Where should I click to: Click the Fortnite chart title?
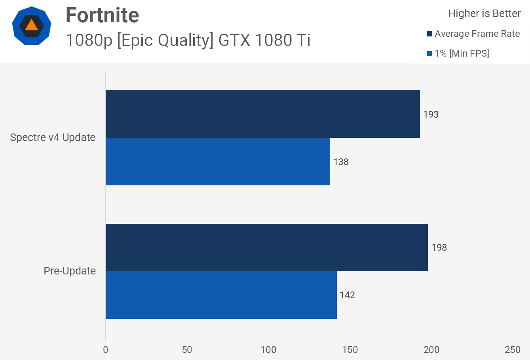(102, 15)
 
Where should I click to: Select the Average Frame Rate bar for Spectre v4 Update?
(262, 114)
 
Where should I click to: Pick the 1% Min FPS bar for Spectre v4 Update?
(218, 162)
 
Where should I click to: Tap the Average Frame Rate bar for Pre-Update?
(266, 248)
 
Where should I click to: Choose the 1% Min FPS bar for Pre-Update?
(221, 295)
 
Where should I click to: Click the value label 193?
(431, 114)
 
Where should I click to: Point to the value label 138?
(341, 162)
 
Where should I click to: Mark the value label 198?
(439, 248)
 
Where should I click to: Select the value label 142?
(347, 295)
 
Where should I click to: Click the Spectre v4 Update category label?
(53, 137)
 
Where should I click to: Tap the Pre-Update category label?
(70, 271)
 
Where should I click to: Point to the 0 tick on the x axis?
(105, 349)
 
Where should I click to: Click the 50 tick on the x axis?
(187, 349)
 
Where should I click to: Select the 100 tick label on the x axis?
(268, 349)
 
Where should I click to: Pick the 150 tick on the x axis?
(350, 349)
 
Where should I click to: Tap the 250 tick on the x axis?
(513, 349)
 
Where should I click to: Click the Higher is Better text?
(484, 13)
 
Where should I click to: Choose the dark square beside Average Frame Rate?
(429, 34)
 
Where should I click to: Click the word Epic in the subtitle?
(134, 40)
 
